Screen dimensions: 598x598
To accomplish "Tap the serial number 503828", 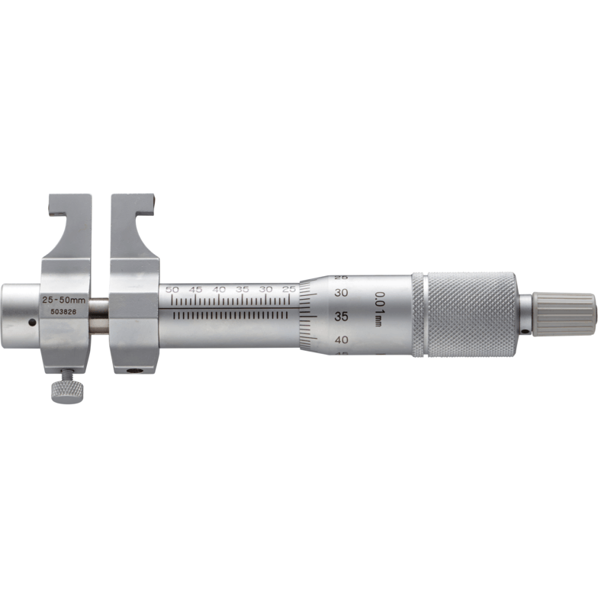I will pos(63,311).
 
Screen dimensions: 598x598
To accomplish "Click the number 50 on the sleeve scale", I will pos(172,290).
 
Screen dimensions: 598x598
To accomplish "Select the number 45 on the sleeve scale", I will pos(196,290).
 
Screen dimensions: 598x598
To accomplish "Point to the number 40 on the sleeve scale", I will pos(219,290).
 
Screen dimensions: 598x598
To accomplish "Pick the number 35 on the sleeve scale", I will pos(243,290).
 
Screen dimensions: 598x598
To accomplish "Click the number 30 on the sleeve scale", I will pos(265,290).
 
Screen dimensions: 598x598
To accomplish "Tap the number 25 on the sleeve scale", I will pos(288,290).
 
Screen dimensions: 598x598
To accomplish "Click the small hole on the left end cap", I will pos(31,323).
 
